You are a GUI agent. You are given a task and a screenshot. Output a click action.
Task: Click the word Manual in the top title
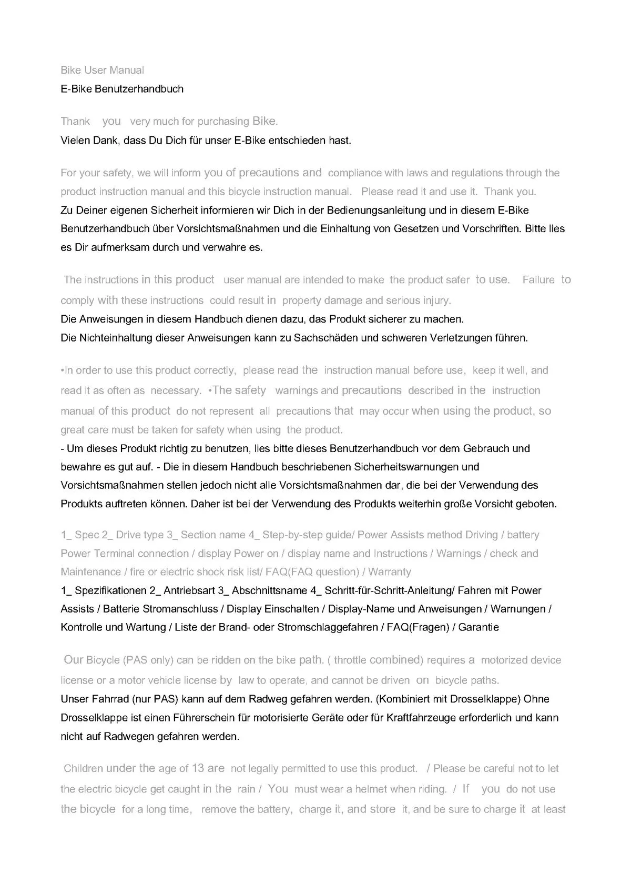tap(127, 70)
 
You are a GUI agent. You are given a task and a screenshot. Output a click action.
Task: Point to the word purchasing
tap(223, 122)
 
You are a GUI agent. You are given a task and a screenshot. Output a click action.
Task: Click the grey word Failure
tap(538, 280)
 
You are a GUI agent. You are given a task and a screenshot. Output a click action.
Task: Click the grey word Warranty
tap(390, 572)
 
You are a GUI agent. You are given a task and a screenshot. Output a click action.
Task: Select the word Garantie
tap(479, 627)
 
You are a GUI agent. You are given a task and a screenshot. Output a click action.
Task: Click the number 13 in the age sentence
tap(198, 768)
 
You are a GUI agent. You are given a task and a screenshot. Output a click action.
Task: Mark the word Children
tap(83, 768)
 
